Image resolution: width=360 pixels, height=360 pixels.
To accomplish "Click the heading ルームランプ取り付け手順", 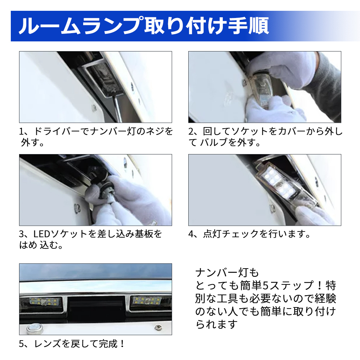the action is click(144, 26).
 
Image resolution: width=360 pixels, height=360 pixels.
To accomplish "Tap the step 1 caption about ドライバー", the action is click(96, 137).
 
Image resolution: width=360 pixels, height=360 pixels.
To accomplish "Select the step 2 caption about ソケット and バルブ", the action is click(265, 137).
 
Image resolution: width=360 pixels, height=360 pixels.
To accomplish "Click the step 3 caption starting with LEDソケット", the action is click(90, 240).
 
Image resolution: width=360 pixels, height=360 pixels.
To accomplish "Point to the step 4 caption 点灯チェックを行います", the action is click(249, 234).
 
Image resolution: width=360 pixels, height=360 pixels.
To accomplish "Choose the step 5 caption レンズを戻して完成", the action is click(72, 344).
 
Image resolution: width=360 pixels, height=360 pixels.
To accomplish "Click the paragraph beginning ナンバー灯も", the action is click(266, 298).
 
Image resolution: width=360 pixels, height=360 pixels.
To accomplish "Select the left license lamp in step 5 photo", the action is click(44, 301).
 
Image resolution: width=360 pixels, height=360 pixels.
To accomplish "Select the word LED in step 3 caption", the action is click(41, 234).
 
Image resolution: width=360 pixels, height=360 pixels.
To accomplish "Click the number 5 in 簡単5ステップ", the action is click(265, 285).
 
